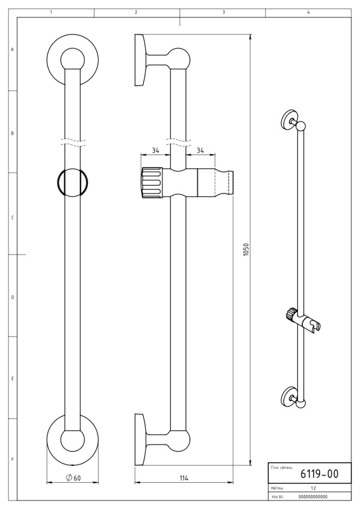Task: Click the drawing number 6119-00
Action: pyautogui.click(x=319, y=474)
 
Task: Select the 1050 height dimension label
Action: pyautogui.click(x=246, y=250)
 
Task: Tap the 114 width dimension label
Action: pyautogui.click(x=184, y=478)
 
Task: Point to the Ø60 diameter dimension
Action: pyautogui.click(x=73, y=478)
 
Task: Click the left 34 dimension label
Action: pyautogui.click(x=155, y=150)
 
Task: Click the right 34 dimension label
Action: pyautogui.click(x=200, y=150)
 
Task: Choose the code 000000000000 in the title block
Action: pyautogui.click(x=313, y=497)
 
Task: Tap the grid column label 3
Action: pyautogui.click(x=224, y=12)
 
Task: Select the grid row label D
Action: pyautogui.click(x=12, y=297)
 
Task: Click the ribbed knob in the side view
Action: pyautogui.click(x=152, y=183)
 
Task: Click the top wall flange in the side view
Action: pyautogui.click(x=140, y=60)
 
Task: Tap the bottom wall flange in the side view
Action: pyautogui.click(x=140, y=440)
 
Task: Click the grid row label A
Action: pyautogui.click(x=12, y=50)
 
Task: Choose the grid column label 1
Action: pyautogui.click(x=51, y=12)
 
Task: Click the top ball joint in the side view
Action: pyautogui.click(x=179, y=59)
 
